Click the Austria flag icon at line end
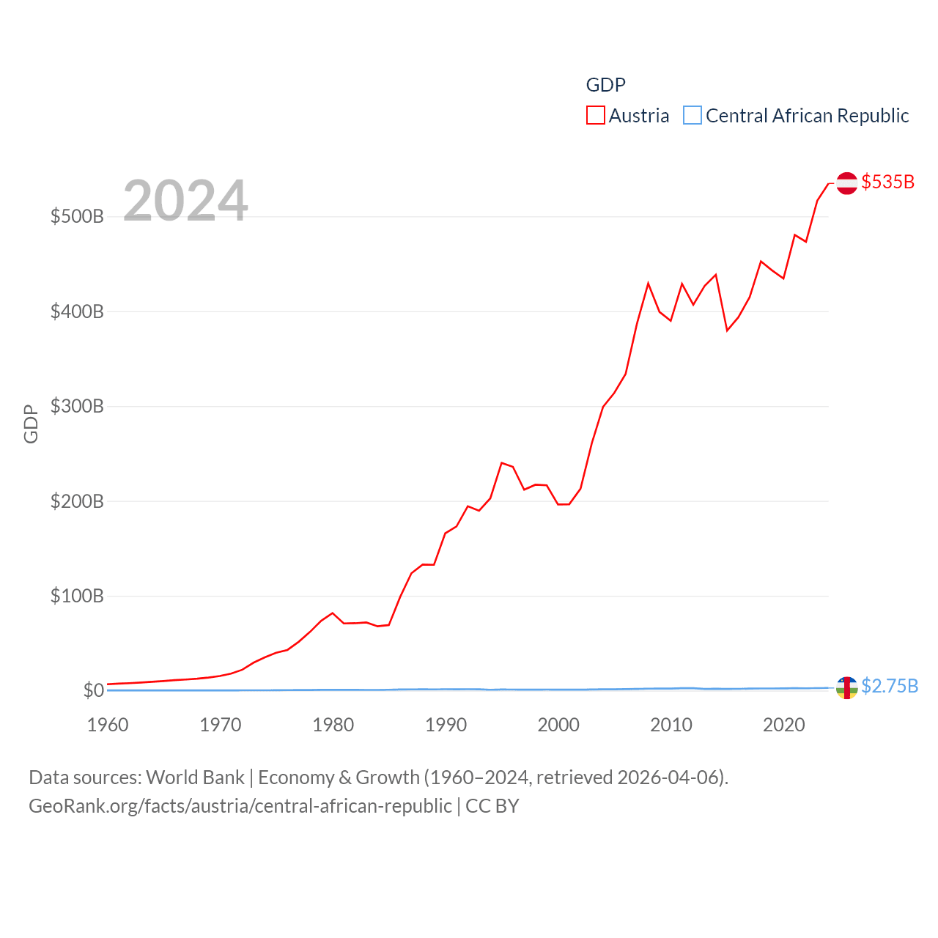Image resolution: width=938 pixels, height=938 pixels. point(846,182)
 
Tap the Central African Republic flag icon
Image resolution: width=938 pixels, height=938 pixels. point(846,687)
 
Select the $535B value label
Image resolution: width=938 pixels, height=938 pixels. point(887,182)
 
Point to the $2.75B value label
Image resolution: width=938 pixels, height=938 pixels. point(889,686)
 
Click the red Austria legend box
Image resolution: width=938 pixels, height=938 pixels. point(596,116)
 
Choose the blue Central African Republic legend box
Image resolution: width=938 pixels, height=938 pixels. point(693,116)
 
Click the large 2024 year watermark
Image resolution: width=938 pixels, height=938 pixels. point(185,200)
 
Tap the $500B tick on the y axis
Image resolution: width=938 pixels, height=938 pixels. point(77,216)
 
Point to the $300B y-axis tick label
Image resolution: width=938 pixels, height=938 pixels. point(77,406)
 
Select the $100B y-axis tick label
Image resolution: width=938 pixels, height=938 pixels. point(77,596)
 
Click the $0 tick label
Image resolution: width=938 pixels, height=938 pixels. point(94,690)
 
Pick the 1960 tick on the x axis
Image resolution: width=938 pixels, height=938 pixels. point(108,725)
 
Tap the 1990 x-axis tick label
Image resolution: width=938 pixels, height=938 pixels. point(446,725)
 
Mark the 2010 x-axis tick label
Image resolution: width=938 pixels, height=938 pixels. point(671,725)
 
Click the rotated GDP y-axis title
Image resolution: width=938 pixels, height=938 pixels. point(31,424)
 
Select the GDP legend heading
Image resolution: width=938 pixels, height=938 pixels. point(605,85)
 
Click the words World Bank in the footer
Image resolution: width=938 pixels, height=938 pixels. point(195,778)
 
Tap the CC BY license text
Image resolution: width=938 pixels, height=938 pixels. point(492,806)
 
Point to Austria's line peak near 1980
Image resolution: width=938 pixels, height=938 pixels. point(333,613)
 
